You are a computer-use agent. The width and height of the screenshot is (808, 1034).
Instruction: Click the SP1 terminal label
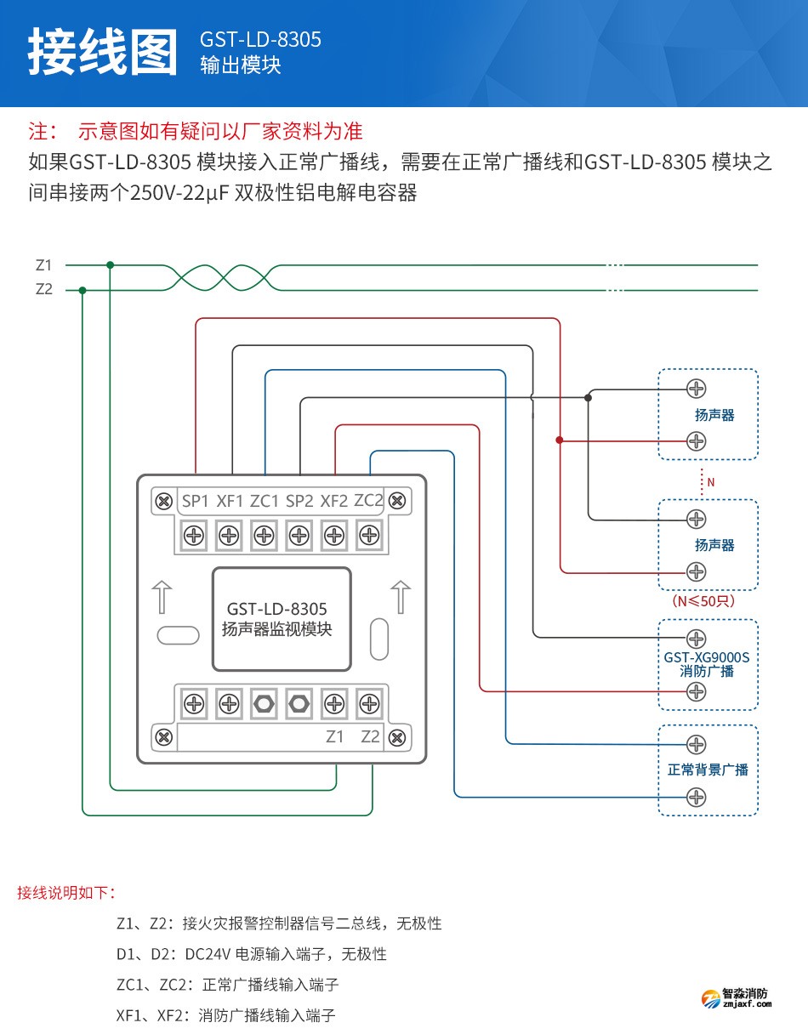(x=195, y=501)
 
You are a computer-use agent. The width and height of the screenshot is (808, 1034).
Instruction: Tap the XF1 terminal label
(x=230, y=501)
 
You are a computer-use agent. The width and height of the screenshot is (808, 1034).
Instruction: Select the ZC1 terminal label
(x=265, y=501)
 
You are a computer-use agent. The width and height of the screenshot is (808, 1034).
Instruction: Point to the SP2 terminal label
(x=299, y=501)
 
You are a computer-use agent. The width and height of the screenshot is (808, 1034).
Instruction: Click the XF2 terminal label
(x=334, y=501)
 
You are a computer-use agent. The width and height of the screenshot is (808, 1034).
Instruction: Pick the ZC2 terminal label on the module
(x=368, y=500)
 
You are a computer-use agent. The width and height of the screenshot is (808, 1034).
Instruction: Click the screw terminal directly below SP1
(x=194, y=536)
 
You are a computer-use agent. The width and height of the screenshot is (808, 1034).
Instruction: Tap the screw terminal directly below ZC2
(x=368, y=535)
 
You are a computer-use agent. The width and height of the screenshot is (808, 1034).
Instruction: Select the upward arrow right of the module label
(x=400, y=596)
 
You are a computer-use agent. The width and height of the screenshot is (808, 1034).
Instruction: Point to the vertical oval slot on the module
(x=378, y=639)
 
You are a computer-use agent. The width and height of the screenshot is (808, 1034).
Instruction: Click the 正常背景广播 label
(x=708, y=770)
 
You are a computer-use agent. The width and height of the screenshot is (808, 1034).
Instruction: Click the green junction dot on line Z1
(x=110, y=265)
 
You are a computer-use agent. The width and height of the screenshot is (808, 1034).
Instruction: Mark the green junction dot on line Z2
(x=83, y=290)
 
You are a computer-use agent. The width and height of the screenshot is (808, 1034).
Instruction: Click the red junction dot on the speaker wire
(x=559, y=440)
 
